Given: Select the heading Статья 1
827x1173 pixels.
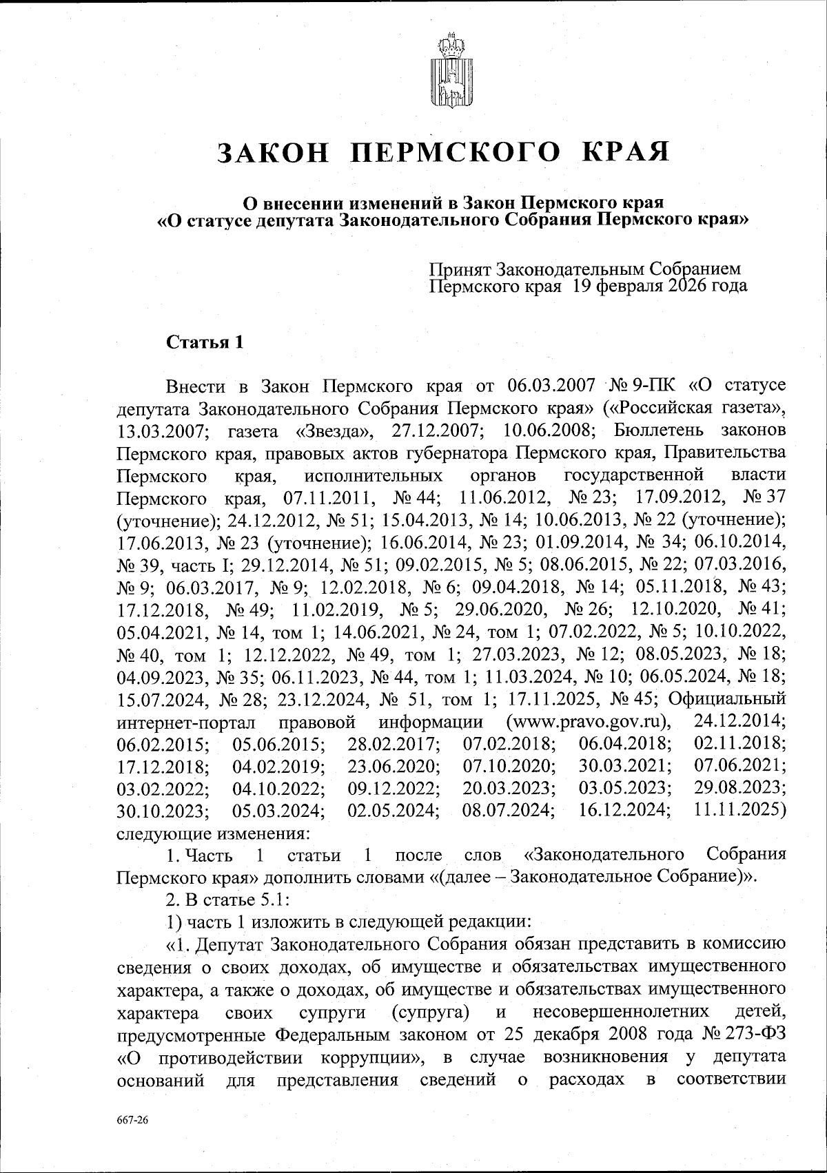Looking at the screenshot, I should (x=205, y=343).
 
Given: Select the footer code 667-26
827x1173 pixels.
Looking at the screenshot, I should (x=131, y=1119).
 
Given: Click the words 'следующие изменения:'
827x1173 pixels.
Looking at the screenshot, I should (x=212, y=833).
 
